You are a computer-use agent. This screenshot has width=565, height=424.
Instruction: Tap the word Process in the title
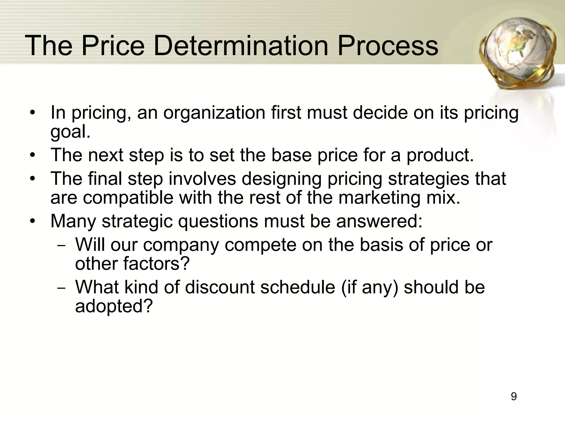coord(388,46)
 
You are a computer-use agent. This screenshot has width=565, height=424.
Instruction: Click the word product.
coord(440,155)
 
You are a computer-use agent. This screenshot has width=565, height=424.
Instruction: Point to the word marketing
coord(379,198)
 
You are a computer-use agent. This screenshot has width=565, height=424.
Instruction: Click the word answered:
coord(379,221)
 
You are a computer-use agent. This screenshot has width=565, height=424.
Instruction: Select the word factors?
coord(156,264)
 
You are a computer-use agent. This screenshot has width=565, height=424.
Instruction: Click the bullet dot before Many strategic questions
coord(33,221)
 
